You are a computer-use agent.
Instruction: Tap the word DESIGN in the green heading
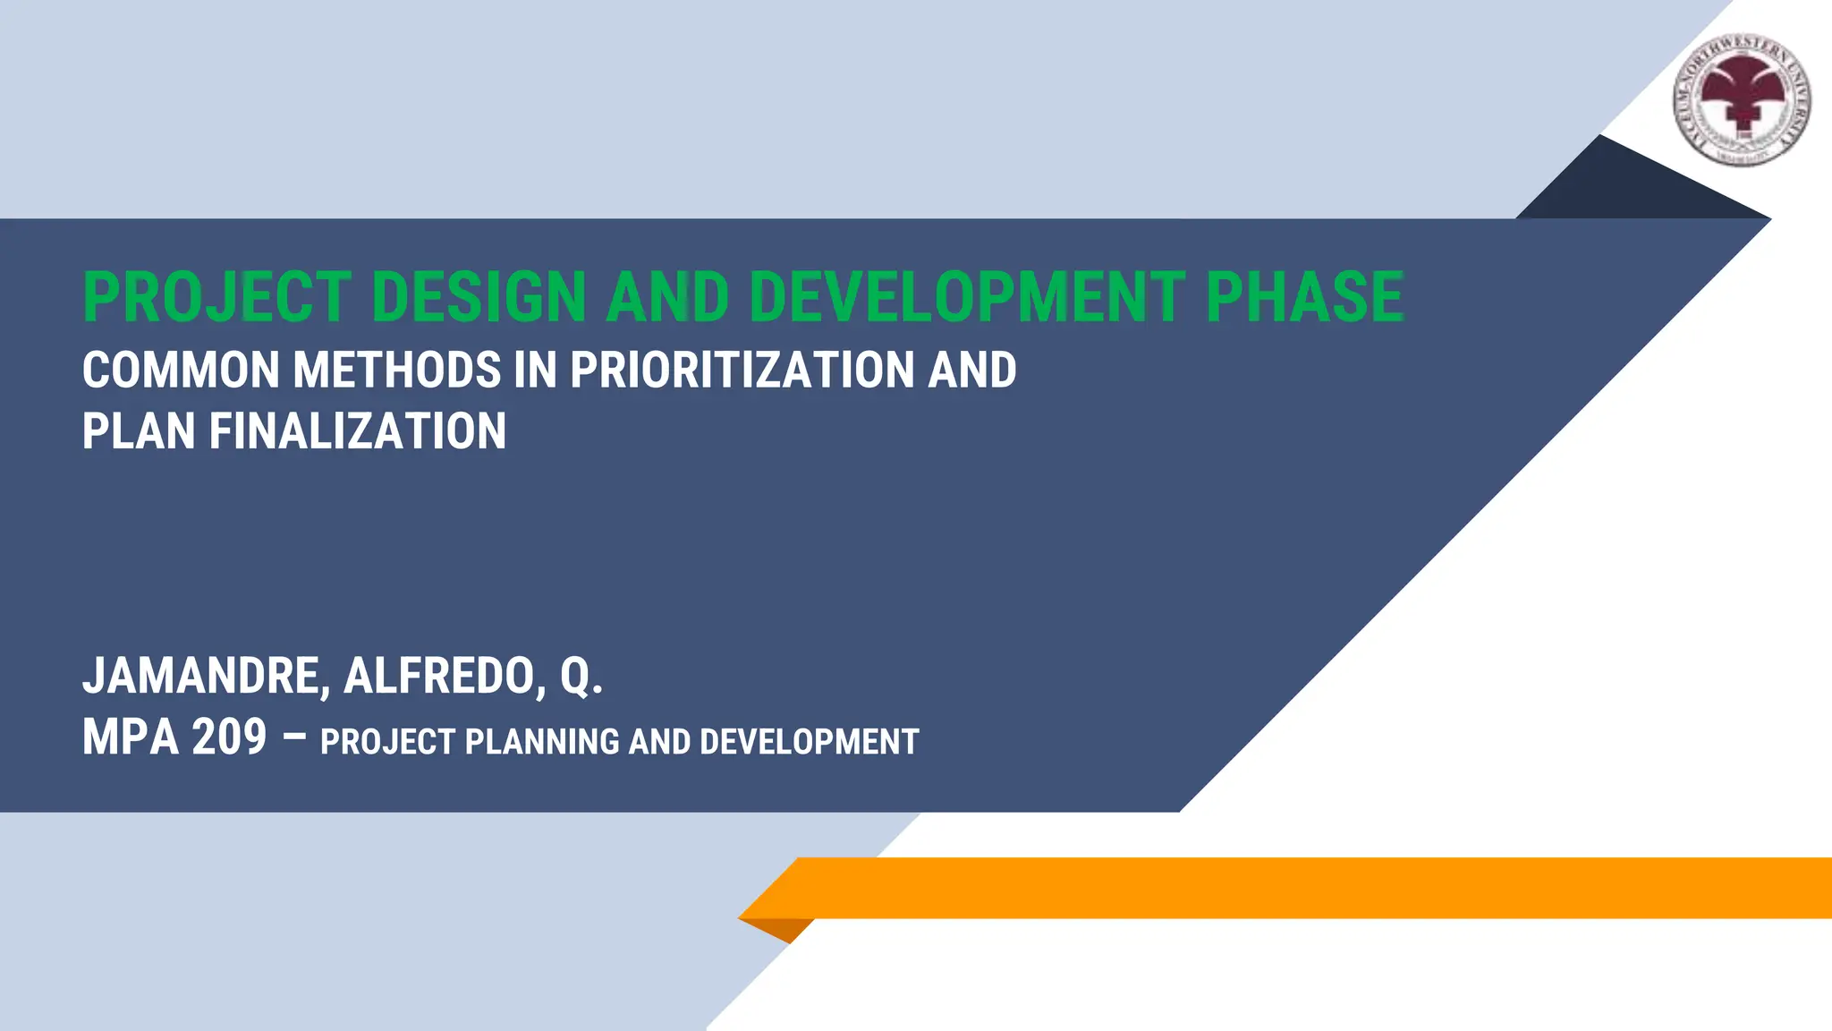pos(479,297)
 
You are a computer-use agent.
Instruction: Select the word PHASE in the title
pos(1304,297)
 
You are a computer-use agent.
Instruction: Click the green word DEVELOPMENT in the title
pos(967,297)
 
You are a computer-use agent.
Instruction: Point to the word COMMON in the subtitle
pos(181,371)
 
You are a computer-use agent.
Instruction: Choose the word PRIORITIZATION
pos(742,371)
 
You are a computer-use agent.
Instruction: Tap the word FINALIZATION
pos(358,431)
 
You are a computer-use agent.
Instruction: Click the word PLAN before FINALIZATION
pos(139,431)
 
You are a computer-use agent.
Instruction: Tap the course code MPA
pos(130,738)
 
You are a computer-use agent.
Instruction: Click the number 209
pos(229,738)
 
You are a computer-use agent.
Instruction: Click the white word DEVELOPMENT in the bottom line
pos(809,743)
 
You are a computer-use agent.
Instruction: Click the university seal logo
pos(1743,99)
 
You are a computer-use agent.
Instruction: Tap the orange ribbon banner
pos(1297,888)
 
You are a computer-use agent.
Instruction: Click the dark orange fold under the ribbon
pos(782,928)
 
